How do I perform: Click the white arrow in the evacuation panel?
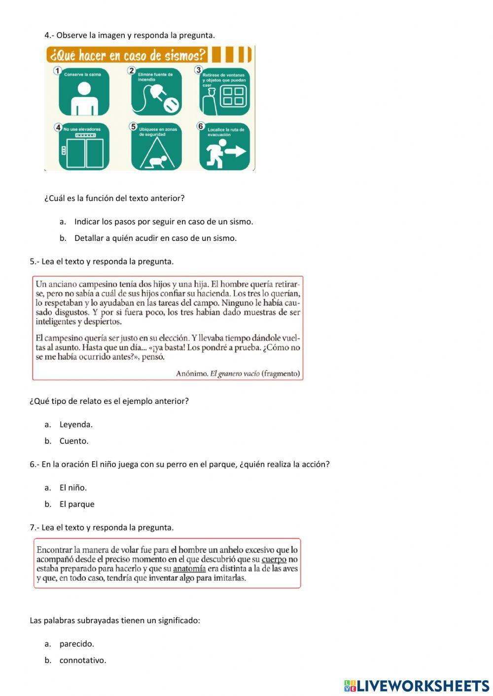pos(235,151)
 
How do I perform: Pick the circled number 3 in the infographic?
pos(199,70)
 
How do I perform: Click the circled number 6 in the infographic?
pos(201,126)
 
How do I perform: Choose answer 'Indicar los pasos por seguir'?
pos(163,222)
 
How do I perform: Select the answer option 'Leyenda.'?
pos(76,425)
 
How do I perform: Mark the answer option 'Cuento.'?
pos(74,441)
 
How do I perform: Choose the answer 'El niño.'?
pos(73,488)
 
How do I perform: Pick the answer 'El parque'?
pos(77,504)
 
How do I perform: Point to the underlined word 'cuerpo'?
pos(274,560)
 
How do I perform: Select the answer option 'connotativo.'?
pos(83,661)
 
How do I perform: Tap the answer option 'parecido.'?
pos(77,644)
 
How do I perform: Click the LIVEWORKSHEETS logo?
pos(417,686)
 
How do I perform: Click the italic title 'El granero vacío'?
pos(235,373)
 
